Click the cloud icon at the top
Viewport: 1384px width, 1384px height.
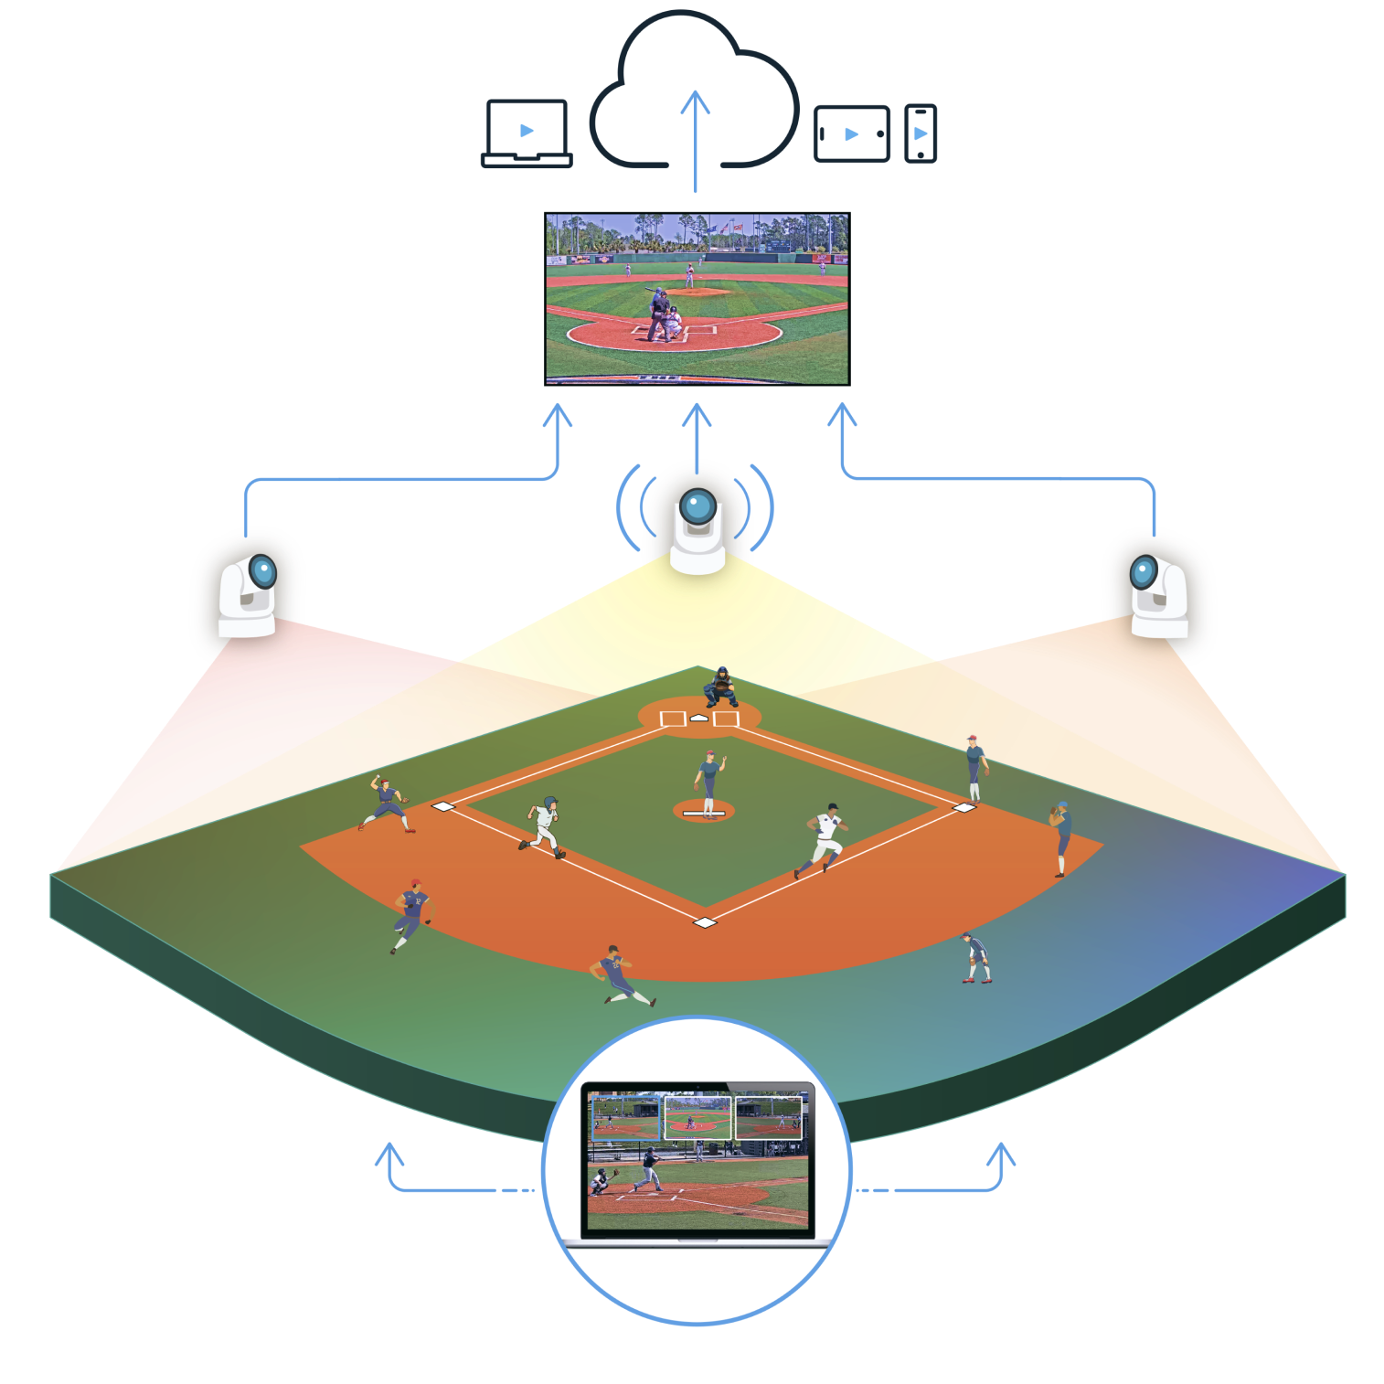tap(695, 91)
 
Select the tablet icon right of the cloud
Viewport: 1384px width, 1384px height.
tap(851, 134)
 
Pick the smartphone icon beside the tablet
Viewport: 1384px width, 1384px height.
tap(921, 133)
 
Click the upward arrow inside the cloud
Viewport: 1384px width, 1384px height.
tap(696, 137)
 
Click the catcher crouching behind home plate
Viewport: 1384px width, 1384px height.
tap(721, 687)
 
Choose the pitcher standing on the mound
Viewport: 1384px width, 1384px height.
tap(708, 782)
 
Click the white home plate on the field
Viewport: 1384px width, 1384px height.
tap(699, 719)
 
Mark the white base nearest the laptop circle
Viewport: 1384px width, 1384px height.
tap(705, 922)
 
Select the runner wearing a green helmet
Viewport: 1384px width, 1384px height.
tap(546, 827)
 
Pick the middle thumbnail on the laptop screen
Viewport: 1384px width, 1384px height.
tap(697, 1118)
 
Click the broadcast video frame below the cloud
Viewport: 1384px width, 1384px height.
tap(697, 299)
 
